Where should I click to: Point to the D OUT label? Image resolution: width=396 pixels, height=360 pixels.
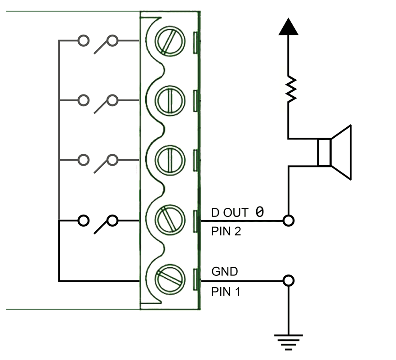pyautogui.click(x=229, y=212)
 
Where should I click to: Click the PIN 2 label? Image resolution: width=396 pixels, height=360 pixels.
pyautogui.click(x=226, y=232)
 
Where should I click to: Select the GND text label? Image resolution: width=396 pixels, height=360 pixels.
pyautogui.click(x=225, y=272)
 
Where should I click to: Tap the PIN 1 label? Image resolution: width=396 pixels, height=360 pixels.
pyautogui.click(x=226, y=292)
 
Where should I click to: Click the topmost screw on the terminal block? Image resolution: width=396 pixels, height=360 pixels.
pyautogui.click(x=169, y=42)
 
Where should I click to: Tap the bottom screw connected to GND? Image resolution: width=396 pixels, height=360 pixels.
pyautogui.click(x=169, y=279)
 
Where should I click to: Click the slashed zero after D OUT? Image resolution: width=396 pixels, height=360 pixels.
pyautogui.click(x=259, y=211)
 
